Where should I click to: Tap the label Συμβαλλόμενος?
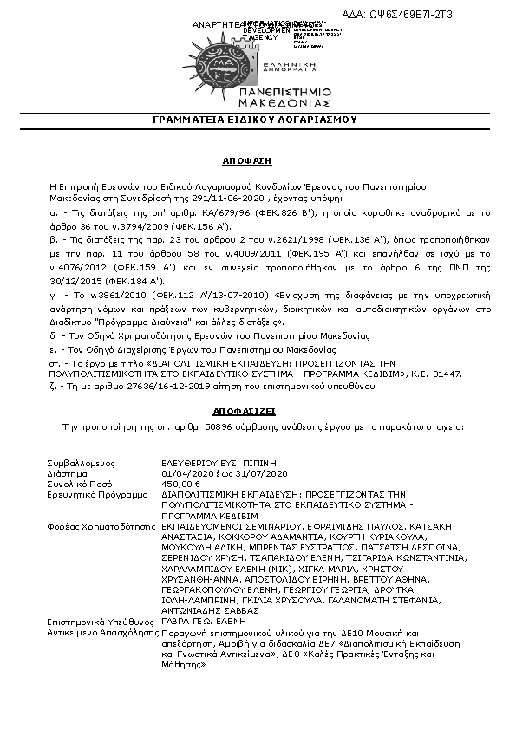(82, 464)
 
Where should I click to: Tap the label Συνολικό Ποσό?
(82, 484)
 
